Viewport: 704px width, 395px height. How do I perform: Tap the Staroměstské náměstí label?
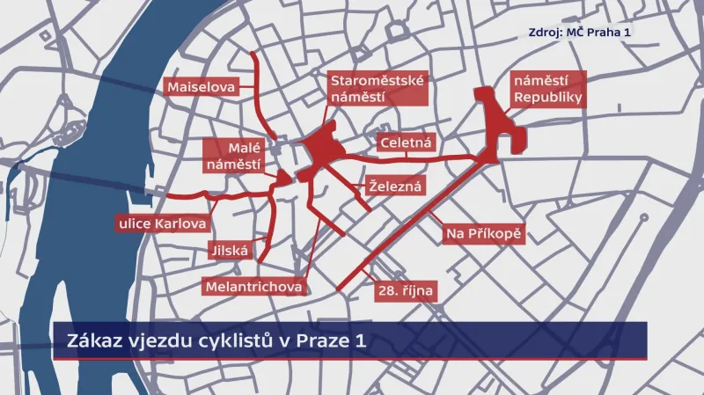pos(377,88)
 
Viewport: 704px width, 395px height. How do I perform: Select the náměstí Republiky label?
pos(547,88)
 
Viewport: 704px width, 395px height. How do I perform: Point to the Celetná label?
pos(403,143)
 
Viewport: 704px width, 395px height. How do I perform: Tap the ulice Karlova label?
pos(162,223)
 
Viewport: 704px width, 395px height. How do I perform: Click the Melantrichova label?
pos(253,287)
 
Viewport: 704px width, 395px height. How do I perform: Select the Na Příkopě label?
pos(482,233)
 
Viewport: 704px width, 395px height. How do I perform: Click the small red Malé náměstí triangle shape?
pos(284,179)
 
